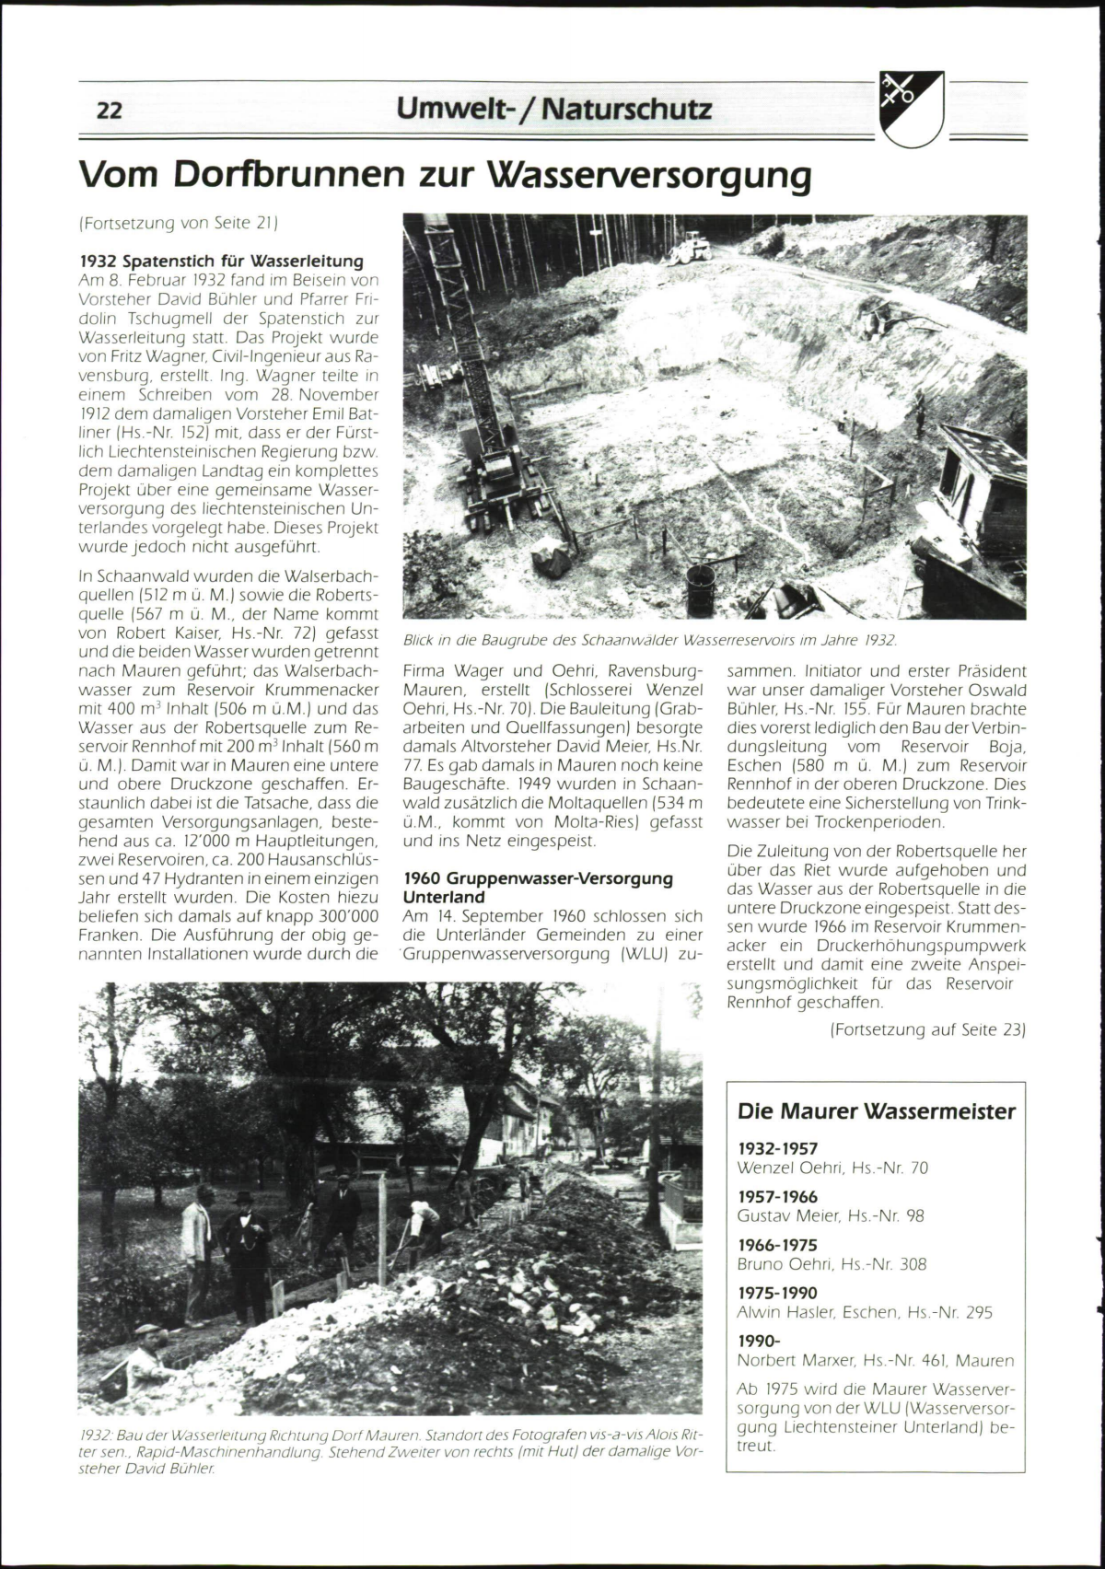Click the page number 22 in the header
coord(109,110)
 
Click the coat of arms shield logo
coord(911,109)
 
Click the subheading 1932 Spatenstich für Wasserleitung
coord(221,261)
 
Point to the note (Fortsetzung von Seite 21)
coord(179,223)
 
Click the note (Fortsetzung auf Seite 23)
coord(926,1029)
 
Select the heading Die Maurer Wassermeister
coord(876,1111)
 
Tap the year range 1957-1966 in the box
coord(777,1197)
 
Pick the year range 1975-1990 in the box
coord(777,1293)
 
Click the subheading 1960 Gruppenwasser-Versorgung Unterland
coord(538,888)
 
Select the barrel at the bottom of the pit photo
coord(701,589)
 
